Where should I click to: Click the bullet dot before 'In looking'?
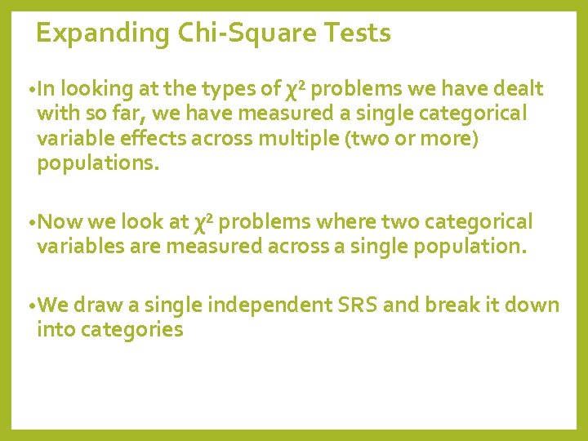[x=30, y=90]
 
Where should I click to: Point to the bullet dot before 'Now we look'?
[x=30, y=223]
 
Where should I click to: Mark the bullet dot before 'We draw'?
[x=30, y=307]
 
